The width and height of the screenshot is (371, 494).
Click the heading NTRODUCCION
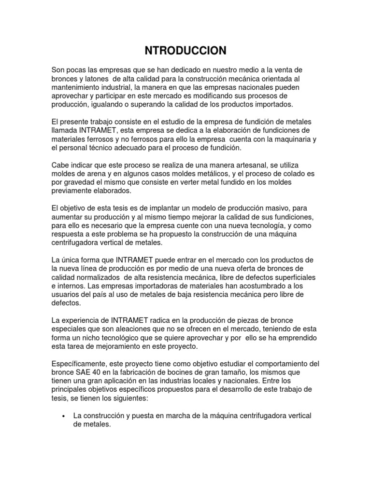185,50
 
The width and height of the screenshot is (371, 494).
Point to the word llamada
64,131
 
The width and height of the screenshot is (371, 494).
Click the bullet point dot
64,416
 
